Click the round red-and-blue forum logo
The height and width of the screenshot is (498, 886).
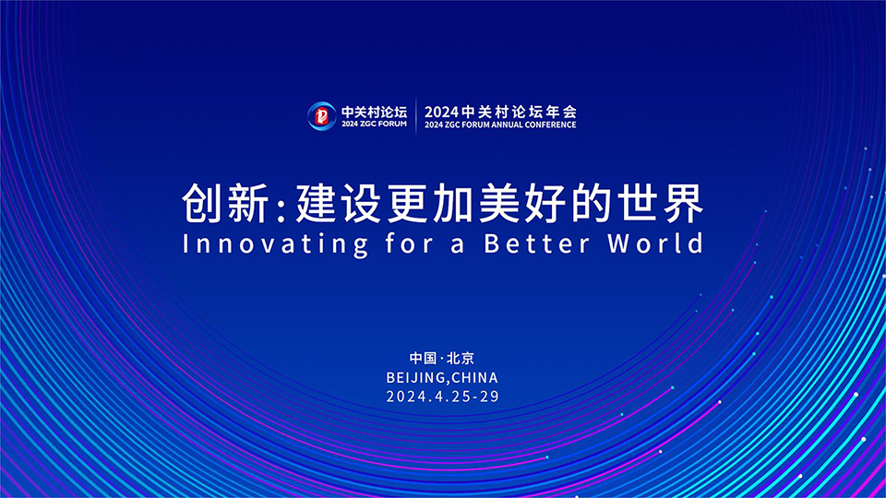(321, 116)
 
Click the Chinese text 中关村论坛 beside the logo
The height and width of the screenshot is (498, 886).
(374, 112)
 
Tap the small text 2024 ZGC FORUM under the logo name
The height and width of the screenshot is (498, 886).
(374, 125)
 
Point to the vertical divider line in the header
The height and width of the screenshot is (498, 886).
(416, 116)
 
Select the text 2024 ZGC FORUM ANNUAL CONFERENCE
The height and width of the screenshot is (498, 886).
(500, 125)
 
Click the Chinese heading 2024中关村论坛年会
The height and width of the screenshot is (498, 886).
(500, 112)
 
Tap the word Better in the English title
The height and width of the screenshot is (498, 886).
(537, 243)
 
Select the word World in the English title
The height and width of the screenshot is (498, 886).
(656, 243)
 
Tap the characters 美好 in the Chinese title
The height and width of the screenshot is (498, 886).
(522, 203)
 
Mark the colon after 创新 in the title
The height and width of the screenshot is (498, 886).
(281, 208)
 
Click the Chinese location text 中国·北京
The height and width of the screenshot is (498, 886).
(442, 358)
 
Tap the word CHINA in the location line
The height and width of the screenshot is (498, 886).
(474, 377)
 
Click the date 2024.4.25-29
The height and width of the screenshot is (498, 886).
(442, 397)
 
